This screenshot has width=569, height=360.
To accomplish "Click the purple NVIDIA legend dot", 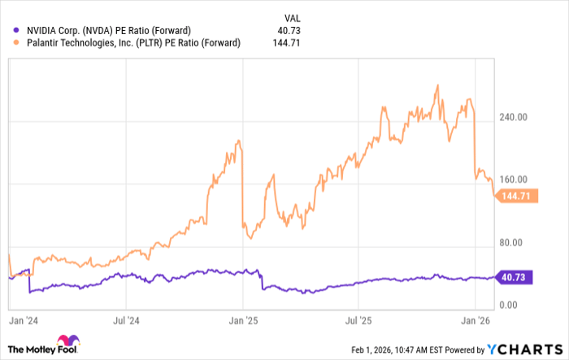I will [x=10, y=31].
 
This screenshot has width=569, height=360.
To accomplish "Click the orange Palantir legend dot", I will [x=10, y=43].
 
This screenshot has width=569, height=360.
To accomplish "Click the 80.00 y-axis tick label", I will [x=511, y=242].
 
